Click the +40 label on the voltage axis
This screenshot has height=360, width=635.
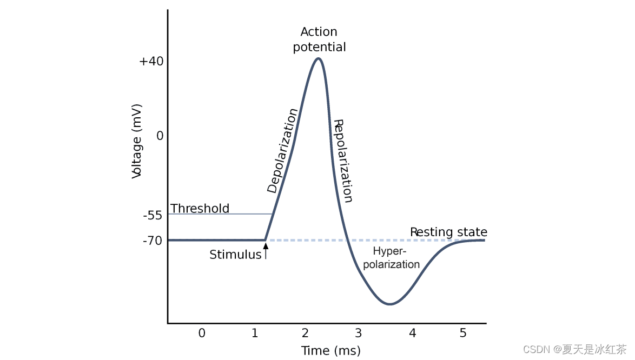click(151, 61)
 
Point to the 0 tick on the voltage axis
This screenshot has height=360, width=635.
click(160, 136)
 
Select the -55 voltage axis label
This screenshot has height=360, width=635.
click(153, 215)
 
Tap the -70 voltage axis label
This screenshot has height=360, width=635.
click(153, 241)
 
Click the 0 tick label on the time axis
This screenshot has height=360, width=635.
click(202, 333)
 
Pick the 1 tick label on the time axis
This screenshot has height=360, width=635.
click(255, 333)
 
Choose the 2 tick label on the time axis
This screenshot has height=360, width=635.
click(306, 333)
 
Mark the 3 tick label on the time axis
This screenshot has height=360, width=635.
click(358, 333)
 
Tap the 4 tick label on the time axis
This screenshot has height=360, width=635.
click(413, 333)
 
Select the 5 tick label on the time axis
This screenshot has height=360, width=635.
click(463, 333)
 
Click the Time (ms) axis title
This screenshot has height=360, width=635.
click(330, 351)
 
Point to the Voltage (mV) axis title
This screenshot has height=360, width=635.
click(137, 141)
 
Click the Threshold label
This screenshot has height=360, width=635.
click(200, 209)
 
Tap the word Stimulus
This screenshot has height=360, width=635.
click(235, 255)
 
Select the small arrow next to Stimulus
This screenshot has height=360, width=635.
click(266, 250)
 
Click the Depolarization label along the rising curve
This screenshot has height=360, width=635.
click(282, 151)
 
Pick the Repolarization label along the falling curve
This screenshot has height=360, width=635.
click(343, 161)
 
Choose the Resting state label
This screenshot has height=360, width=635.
click(448, 232)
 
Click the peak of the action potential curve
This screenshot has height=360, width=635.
click(319, 58)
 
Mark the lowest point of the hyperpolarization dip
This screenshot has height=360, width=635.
click(389, 304)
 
